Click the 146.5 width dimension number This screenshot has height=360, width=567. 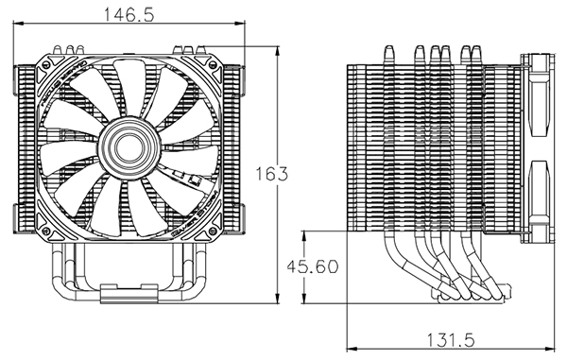(x=129, y=15)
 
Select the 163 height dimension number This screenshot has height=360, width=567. (x=272, y=174)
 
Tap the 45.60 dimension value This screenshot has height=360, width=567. (x=313, y=266)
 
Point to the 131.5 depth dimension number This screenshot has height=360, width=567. (x=450, y=340)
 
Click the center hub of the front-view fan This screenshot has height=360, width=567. (x=129, y=147)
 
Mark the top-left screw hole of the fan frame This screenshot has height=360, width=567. (x=46, y=65)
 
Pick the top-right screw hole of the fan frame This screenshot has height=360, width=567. (x=213, y=65)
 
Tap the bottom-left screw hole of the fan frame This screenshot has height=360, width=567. (x=46, y=231)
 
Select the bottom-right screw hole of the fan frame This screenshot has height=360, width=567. (x=213, y=231)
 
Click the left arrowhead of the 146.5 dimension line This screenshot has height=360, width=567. (x=18, y=24)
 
